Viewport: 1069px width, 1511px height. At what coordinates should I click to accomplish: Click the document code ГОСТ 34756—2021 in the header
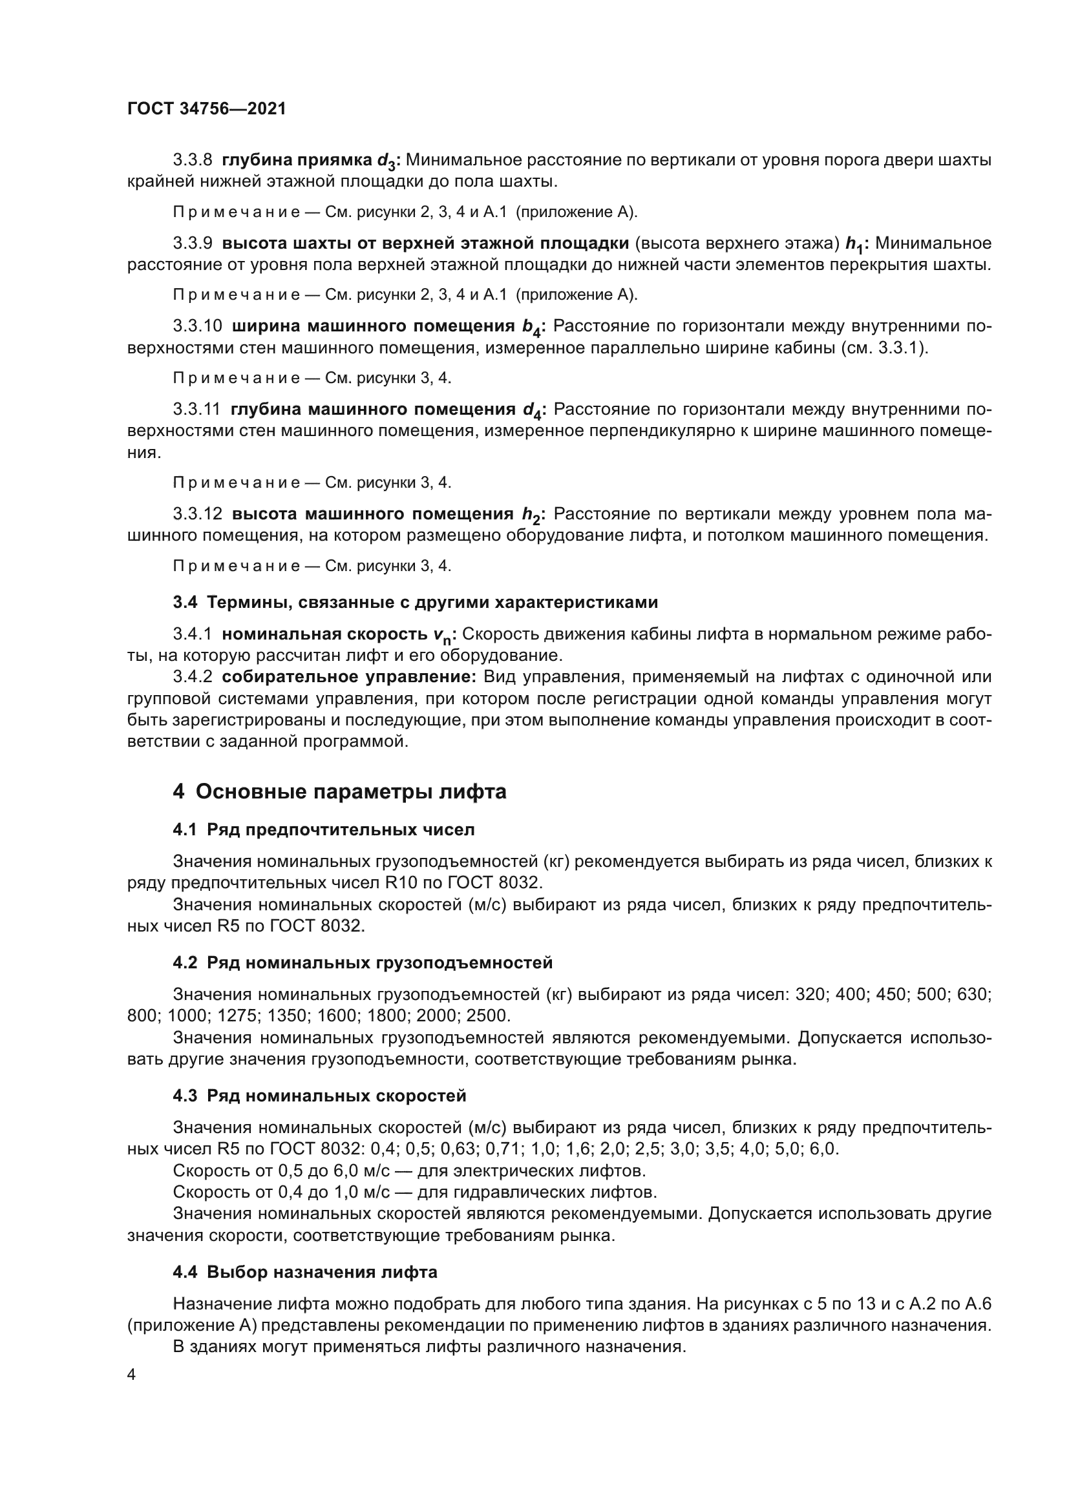point(206,109)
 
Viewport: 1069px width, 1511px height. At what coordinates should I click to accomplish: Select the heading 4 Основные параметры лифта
point(340,791)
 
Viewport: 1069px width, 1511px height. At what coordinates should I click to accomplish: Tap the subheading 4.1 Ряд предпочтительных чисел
point(323,829)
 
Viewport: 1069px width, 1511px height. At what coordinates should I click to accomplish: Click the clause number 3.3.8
point(192,160)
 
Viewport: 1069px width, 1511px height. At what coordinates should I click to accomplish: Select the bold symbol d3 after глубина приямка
point(385,162)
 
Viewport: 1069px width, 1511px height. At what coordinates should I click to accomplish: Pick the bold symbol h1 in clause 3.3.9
point(854,245)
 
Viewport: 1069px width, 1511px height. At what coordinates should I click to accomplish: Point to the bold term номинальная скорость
point(324,634)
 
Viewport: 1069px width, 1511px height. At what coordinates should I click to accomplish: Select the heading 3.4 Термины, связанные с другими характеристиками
point(415,602)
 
